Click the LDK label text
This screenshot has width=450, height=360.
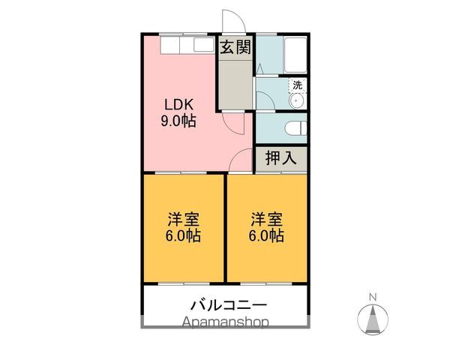(x=179, y=104)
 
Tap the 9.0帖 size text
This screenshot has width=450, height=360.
(x=179, y=120)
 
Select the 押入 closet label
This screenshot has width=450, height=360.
(x=281, y=157)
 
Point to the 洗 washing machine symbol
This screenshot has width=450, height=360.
(x=298, y=85)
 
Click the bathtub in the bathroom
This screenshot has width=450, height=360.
(x=292, y=52)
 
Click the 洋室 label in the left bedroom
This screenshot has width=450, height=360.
(x=184, y=220)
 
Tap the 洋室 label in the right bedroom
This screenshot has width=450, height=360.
(x=266, y=220)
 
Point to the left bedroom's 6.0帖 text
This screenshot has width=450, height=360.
(x=184, y=235)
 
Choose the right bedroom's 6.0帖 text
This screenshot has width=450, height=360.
(x=266, y=235)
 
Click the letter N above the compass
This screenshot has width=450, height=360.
(x=373, y=298)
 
